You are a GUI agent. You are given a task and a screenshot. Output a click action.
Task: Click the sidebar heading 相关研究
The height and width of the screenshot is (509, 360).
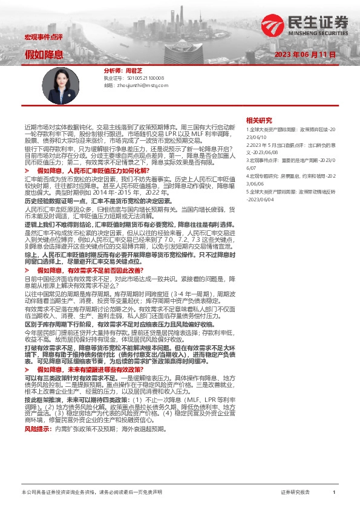pos(259,120)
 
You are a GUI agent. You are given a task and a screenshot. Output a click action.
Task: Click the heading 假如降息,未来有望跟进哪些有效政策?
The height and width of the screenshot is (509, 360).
pos(91,369)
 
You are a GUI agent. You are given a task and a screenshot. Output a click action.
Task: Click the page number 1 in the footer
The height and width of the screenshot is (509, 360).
pos(334,493)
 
